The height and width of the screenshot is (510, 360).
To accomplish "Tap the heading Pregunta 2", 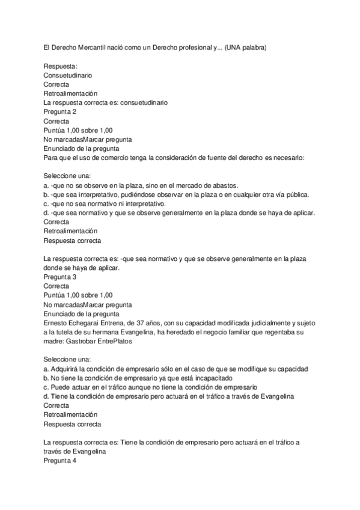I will [60, 112].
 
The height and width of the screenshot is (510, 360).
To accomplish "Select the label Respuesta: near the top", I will [61, 66].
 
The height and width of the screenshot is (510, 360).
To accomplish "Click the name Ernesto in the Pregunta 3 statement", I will [57, 322].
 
